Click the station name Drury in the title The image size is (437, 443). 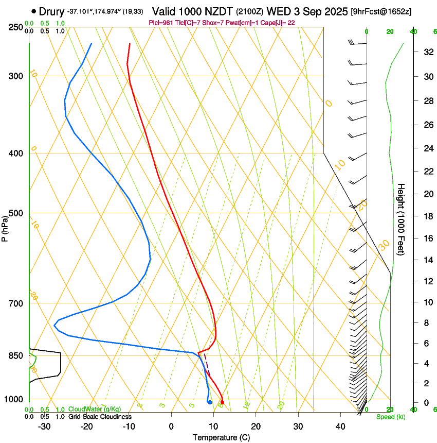[51, 11]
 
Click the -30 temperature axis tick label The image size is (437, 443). [44, 427]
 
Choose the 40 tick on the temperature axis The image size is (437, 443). [340, 427]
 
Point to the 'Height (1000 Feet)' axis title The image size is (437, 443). [402, 219]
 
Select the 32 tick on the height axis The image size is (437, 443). [427, 52]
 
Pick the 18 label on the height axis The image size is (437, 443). [427, 216]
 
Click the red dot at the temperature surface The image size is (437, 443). [222, 402]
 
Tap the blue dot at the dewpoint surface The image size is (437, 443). [210, 402]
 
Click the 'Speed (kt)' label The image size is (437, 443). [390, 417]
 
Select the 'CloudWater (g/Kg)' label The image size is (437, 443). [95, 410]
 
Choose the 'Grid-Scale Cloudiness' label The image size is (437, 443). [100, 416]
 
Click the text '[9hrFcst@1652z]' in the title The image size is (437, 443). [381, 11]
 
